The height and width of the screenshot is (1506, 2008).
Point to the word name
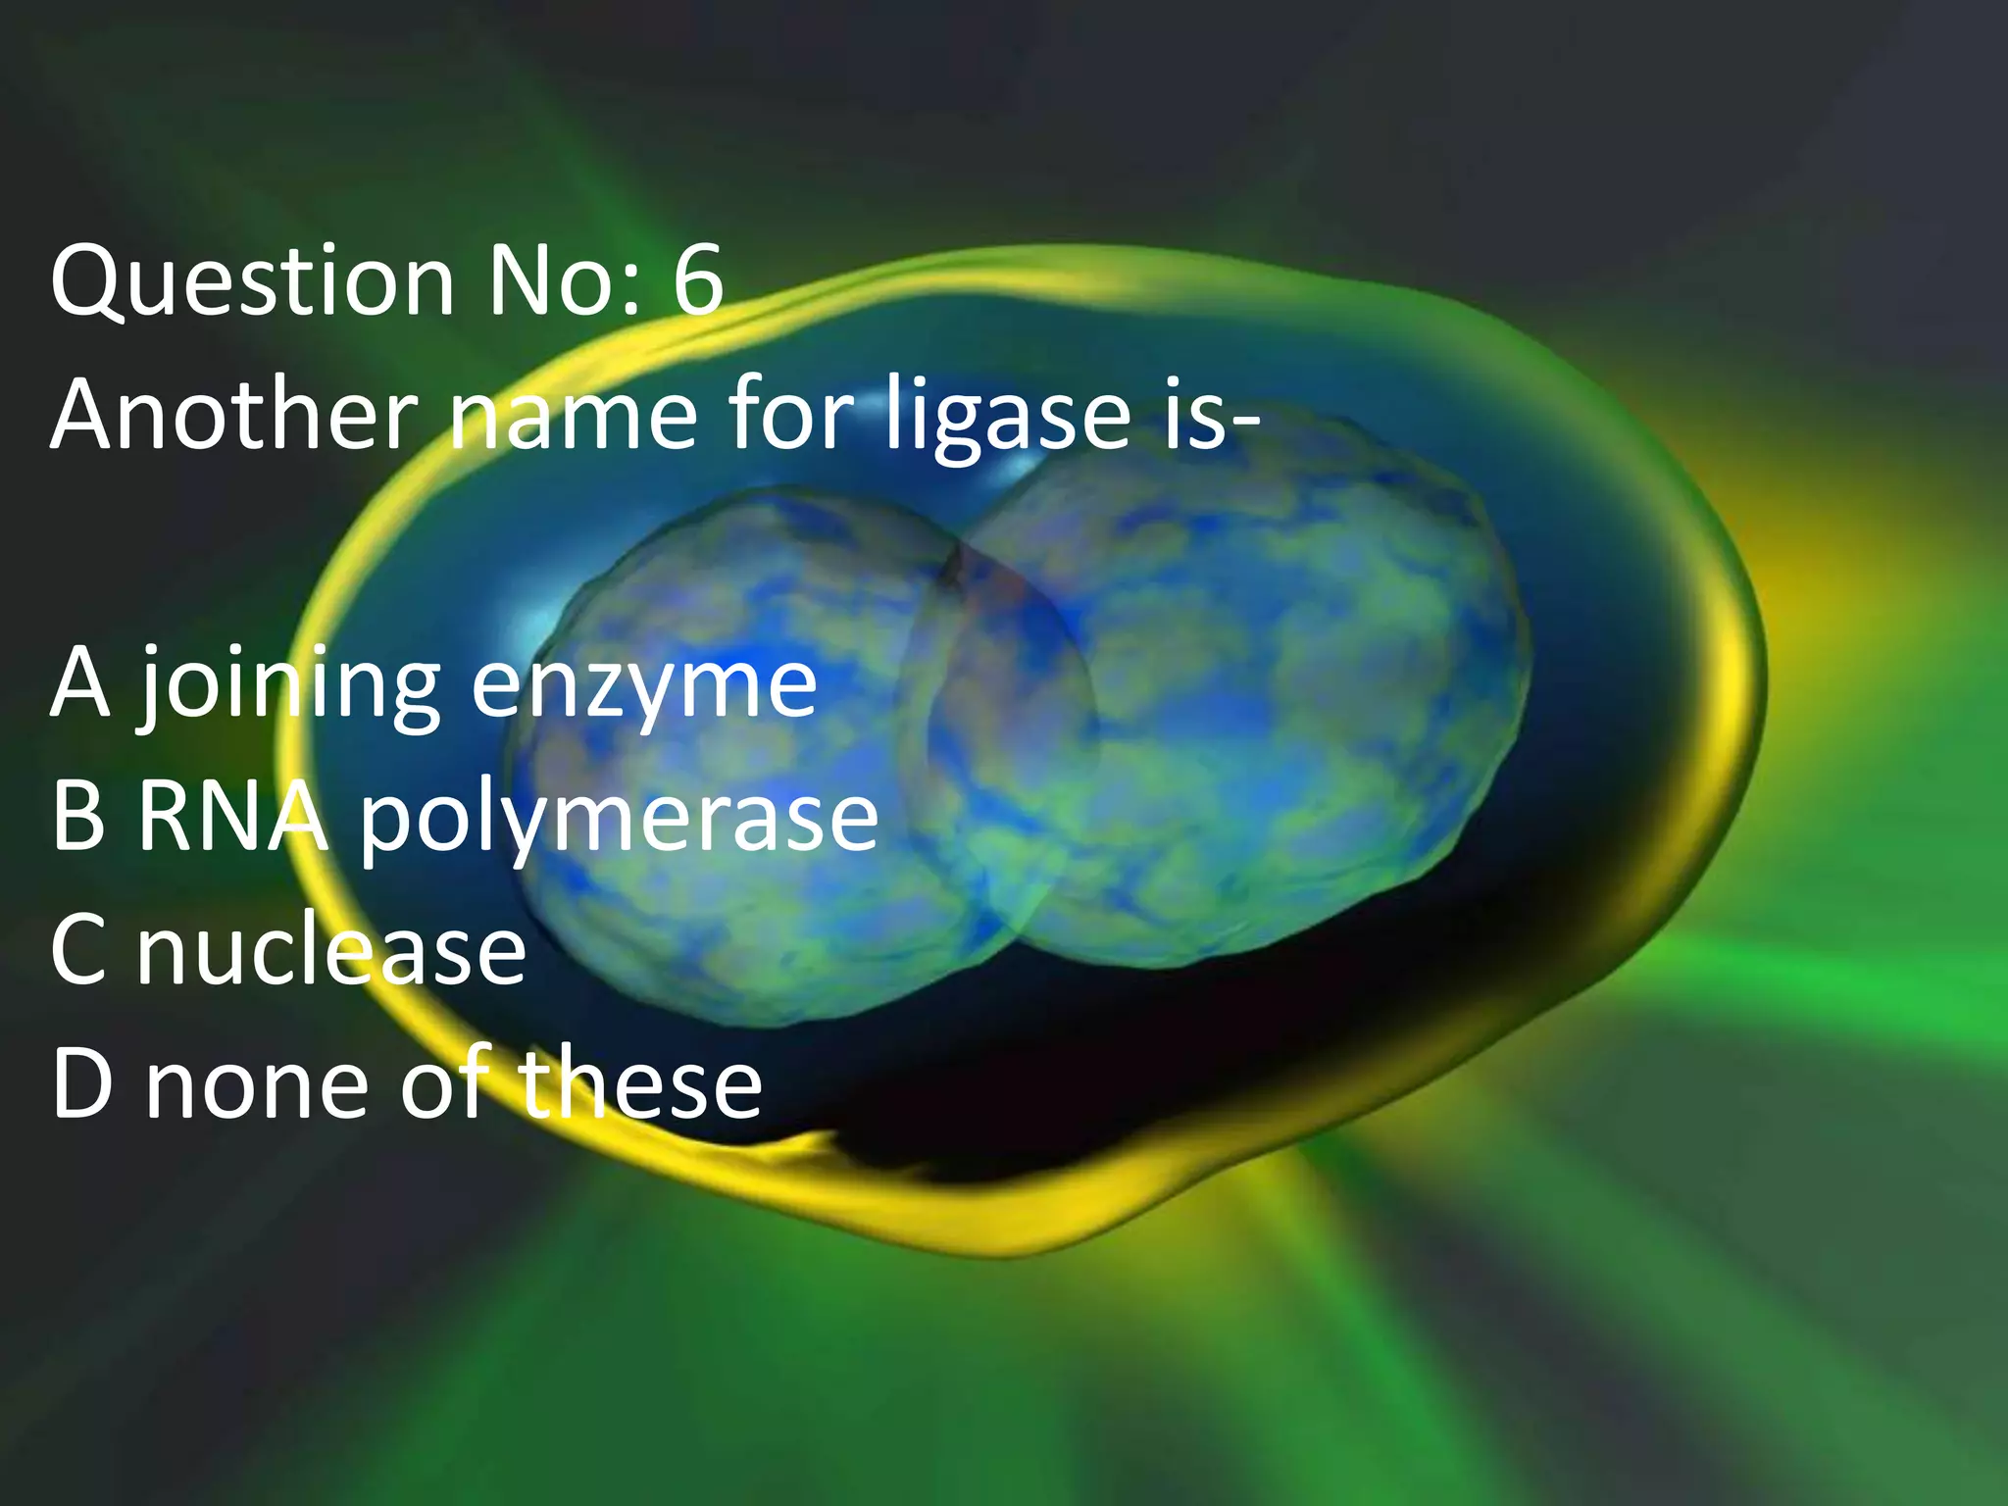click(x=573, y=417)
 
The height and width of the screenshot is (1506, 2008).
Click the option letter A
click(x=80, y=683)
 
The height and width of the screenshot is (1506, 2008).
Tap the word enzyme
click(x=643, y=686)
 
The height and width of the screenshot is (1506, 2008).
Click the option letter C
click(x=78, y=950)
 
